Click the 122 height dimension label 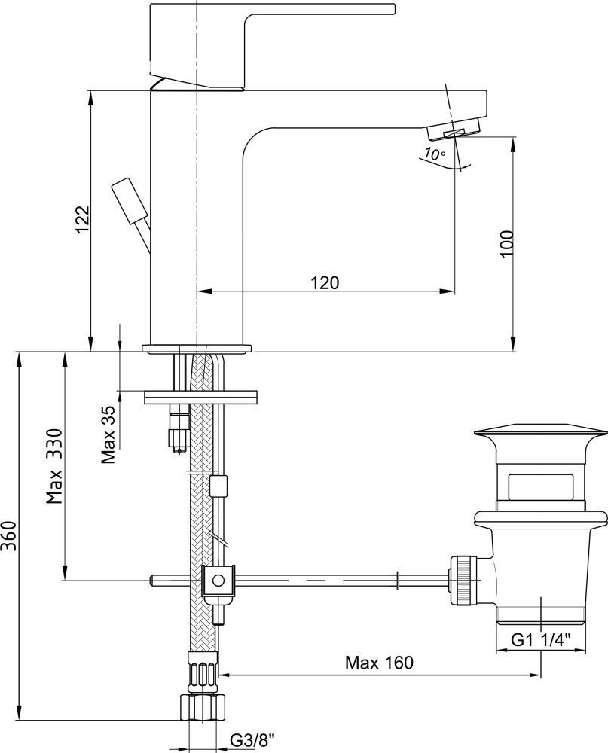coord(83,219)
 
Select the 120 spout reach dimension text coord(325,282)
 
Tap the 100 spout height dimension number coord(506,244)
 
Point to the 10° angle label coord(435,154)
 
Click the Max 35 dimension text coord(108,434)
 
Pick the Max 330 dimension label coord(54,466)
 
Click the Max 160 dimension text coord(379,663)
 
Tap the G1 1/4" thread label coord(540,639)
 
